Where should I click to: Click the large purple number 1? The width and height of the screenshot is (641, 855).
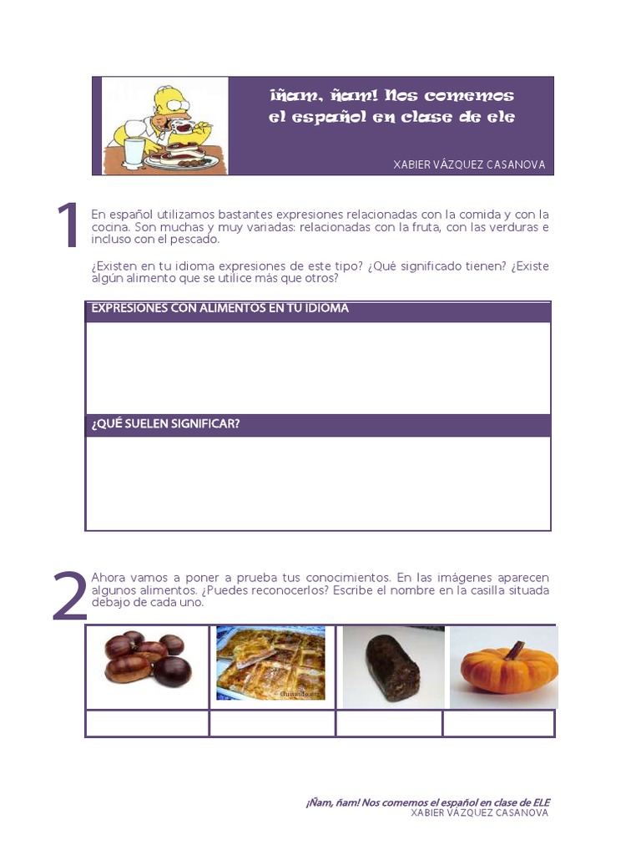67,226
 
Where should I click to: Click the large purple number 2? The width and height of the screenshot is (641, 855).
69,596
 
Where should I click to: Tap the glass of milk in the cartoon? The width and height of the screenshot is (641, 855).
134,154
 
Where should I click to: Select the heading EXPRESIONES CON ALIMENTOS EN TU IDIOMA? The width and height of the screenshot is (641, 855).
220,309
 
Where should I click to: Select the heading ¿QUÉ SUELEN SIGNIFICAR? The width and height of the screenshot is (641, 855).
165,424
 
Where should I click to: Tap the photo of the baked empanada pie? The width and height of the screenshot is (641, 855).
270,663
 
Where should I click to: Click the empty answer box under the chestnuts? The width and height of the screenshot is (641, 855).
147,724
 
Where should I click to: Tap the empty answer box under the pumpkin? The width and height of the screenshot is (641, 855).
498,724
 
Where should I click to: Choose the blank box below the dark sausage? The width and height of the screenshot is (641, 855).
389,724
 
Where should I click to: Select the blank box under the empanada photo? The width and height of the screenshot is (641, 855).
272,724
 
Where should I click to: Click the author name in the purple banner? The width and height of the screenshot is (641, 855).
469,165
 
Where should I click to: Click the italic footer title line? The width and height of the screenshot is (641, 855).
427,802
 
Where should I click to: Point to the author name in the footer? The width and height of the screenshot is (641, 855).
480,813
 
